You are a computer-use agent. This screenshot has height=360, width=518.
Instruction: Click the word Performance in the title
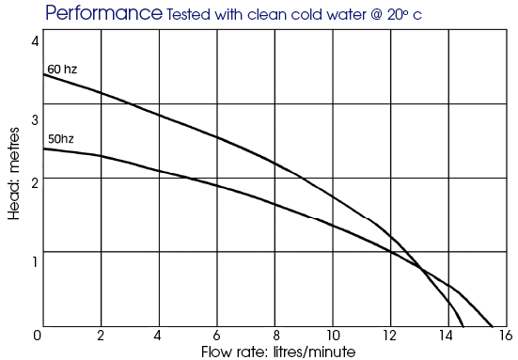103,13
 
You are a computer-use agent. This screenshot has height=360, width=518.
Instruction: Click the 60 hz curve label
62,70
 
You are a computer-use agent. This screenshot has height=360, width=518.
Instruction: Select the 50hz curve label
61,139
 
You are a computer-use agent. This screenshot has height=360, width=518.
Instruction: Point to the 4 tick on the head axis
35,41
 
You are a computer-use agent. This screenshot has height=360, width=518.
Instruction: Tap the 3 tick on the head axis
35,119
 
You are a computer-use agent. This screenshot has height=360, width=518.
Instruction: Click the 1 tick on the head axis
35,262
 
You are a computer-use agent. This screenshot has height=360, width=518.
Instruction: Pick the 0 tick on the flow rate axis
38,336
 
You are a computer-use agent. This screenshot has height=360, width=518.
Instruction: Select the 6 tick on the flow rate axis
216,336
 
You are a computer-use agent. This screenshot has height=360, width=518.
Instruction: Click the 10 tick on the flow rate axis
333,336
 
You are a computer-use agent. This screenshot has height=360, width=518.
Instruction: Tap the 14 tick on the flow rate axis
446,336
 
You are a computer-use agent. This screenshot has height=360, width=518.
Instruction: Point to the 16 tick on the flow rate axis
506,336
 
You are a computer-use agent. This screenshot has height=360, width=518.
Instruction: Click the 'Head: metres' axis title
14,174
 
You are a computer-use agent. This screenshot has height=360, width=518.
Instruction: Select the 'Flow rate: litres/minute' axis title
278,352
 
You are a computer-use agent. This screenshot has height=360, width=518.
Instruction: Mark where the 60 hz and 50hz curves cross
421,269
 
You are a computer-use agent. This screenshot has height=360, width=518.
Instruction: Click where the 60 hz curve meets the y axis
43,74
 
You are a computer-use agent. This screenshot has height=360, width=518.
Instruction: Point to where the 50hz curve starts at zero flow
43,149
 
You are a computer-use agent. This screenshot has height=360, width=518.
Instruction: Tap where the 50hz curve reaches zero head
493,326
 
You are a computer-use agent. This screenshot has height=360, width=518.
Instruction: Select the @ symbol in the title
377,15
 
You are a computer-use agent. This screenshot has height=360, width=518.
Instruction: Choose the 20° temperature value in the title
399,14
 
